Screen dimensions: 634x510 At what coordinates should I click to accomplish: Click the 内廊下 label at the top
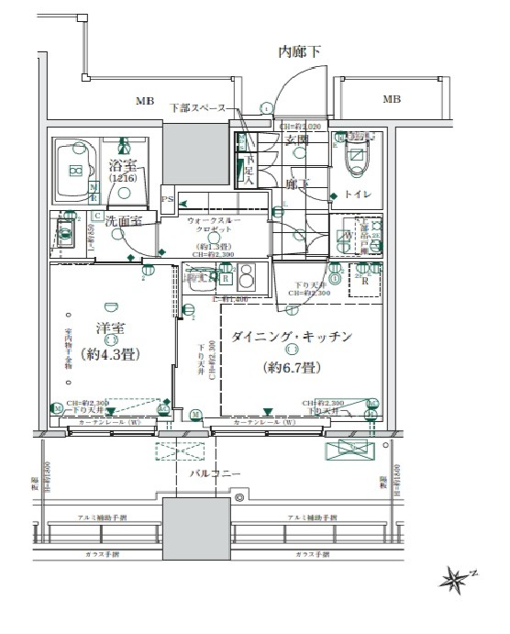tap(300, 52)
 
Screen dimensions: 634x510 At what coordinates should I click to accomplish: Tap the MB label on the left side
tap(146, 100)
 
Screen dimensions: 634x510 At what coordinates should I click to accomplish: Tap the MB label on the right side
tap(392, 100)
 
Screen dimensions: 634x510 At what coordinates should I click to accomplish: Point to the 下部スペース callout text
tap(197, 108)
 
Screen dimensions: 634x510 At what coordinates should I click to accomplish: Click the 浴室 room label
tap(123, 168)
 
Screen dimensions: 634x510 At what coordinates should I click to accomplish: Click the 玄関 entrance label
tap(296, 139)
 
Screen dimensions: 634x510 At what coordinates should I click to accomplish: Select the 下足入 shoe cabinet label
tap(249, 170)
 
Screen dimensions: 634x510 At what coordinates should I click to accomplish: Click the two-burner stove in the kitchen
tap(246, 278)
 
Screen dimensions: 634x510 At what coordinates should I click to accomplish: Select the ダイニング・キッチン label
tap(290, 337)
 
